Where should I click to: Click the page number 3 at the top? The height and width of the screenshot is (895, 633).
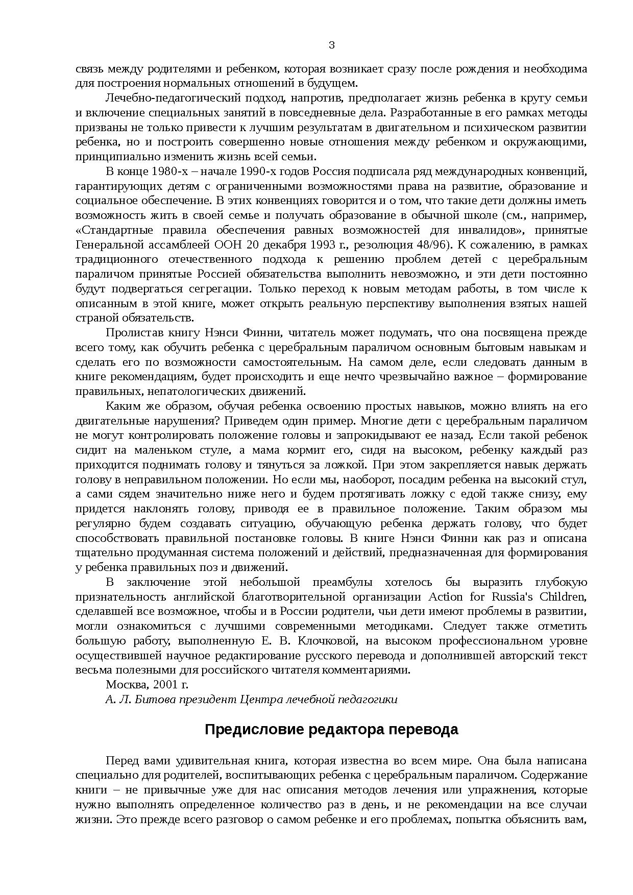[x=331, y=46]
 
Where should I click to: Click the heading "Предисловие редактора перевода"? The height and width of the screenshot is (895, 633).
[x=331, y=730]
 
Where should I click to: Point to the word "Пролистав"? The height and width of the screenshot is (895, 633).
[x=130, y=333]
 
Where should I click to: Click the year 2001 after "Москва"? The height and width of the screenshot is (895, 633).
[x=164, y=685]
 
